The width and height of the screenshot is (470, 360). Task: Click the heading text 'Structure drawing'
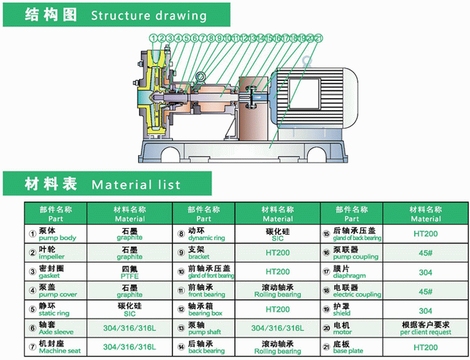tap(148, 15)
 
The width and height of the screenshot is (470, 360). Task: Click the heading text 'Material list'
tap(136, 184)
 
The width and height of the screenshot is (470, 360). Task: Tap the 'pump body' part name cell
tap(57, 235)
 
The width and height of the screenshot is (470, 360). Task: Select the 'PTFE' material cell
tap(129, 273)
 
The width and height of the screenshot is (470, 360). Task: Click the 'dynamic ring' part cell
tap(205, 235)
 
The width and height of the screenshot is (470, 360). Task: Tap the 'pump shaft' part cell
tap(205, 330)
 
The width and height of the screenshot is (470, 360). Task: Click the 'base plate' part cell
tap(350, 348)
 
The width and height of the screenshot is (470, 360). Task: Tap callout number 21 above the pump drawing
tap(318, 38)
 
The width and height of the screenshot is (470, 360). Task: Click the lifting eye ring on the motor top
tap(309, 60)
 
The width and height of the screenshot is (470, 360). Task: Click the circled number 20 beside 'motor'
tap(326, 329)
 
